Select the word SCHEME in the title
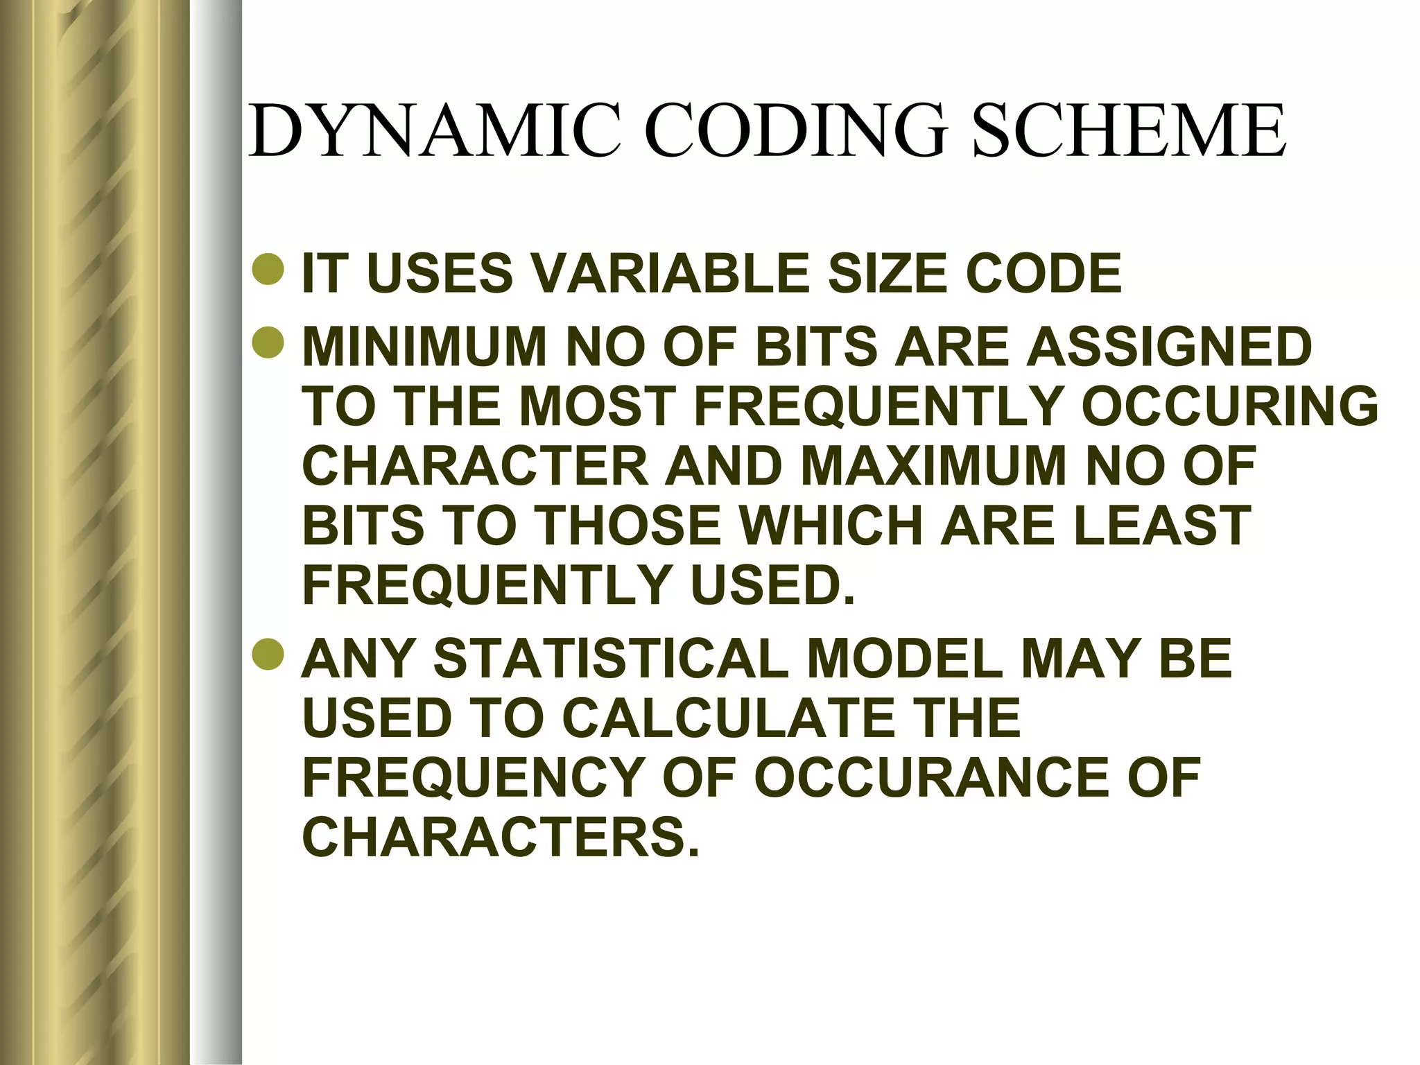1129,131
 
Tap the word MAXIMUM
933,466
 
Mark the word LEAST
1162,526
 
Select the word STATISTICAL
611,659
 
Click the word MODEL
905,659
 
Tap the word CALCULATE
727,718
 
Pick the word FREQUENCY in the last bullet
471,778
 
